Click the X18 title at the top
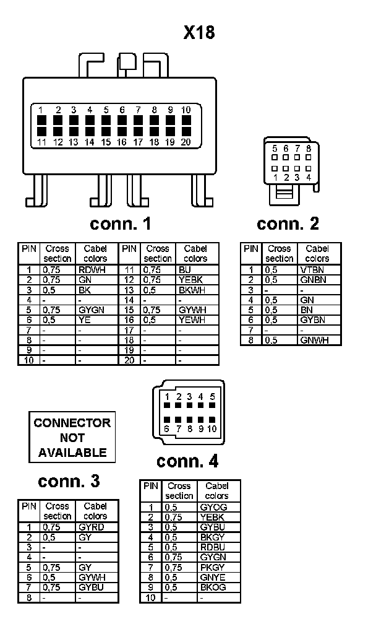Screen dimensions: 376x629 (199, 33)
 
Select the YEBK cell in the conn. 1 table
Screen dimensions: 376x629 (190, 280)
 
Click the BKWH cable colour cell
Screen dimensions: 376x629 (191, 290)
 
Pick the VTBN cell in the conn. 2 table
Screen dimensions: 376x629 (313, 270)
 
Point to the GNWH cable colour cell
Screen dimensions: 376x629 (315, 340)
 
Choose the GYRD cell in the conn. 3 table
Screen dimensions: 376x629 (92, 527)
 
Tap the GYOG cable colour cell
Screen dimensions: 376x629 (214, 507)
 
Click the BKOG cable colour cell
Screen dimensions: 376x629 (213, 587)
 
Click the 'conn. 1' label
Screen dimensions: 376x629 (121, 223)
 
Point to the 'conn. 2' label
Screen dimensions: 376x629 (288, 223)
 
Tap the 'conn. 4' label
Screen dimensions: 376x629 (187, 461)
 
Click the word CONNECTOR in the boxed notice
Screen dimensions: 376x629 (72, 423)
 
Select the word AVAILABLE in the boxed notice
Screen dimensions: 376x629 (72, 453)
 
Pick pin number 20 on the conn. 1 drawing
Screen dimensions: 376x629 (186, 142)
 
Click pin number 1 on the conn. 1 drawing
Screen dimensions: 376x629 (41, 110)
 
